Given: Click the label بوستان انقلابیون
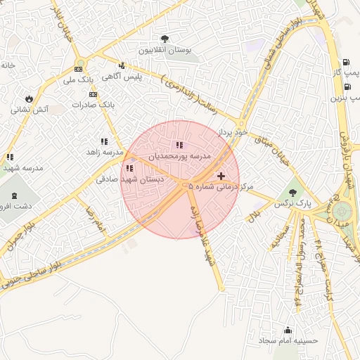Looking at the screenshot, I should (x=165, y=51).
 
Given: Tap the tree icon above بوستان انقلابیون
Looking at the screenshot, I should (x=165, y=39).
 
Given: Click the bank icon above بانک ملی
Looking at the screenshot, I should (x=78, y=69).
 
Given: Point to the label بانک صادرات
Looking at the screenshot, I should (x=92, y=103).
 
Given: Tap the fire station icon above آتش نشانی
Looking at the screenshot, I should (x=29, y=98).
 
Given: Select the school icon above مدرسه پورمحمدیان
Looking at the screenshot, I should (x=179, y=144).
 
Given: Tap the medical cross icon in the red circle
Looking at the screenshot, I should (x=221, y=175).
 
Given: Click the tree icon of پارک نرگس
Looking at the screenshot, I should (x=292, y=191).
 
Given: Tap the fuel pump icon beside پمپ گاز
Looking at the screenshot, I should (x=346, y=62).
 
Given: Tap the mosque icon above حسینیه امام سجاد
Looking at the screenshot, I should (x=288, y=329).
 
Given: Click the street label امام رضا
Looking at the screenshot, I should (x=95, y=220).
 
